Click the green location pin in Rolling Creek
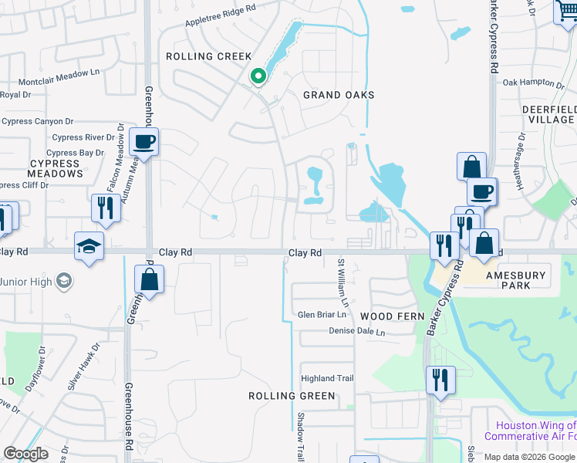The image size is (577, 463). coord(258,76)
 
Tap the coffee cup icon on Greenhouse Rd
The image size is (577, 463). coord(143,141)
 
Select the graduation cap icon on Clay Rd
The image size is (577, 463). coord(89,246)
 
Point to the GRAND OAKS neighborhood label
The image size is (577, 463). coord(339,95)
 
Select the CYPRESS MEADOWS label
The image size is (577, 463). coord(56,169)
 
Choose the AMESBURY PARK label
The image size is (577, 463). coord(516,280)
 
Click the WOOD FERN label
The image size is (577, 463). coord(387,317)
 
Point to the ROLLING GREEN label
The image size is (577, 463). coord(292,396)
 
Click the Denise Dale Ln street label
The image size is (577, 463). coord(356,332)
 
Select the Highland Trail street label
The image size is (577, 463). coord(327,378)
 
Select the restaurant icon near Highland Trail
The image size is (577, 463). coord(440,380)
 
